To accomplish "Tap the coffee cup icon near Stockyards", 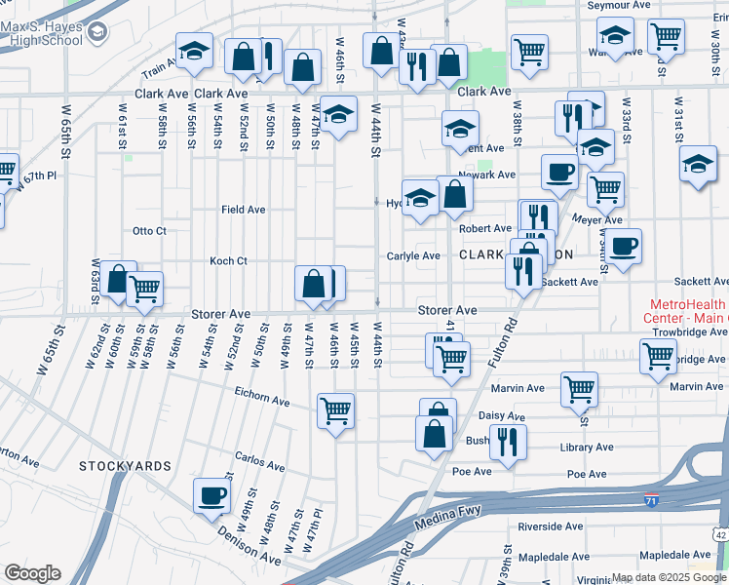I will pyautogui.click(x=211, y=494).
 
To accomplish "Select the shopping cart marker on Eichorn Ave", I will pyautogui.click(x=335, y=410).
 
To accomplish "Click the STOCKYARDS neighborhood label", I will pyautogui.click(x=126, y=466).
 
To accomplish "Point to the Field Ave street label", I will pyautogui.click(x=243, y=210).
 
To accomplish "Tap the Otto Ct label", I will pyautogui.click(x=150, y=231).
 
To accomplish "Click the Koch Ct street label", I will pyautogui.click(x=229, y=261).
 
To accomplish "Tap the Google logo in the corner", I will pyautogui.click(x=31, y=573).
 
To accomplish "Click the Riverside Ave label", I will pyautogui.click(x=550, y=526).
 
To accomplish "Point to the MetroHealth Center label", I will pyautogui.click(x=685, y=311).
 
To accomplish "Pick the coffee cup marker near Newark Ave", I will pyautogui.click(x=559, y=171).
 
